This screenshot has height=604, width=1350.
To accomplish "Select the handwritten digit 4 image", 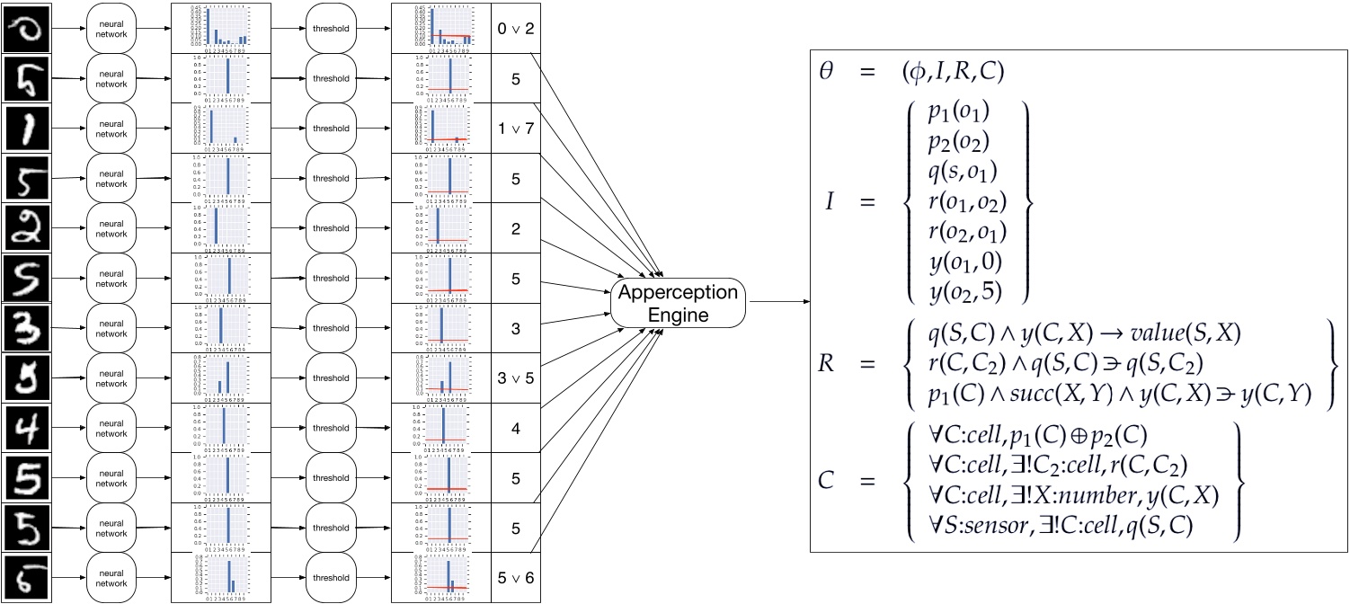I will pyautogui.click(x=26, y=428).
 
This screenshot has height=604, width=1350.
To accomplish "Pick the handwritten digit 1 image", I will pyautogui.click(x=26, y=129).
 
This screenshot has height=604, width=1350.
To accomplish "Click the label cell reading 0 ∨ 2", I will pyautogui.click(x=516, y=28).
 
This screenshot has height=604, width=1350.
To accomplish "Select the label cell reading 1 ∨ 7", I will pyautogui.click(x=516, y=129).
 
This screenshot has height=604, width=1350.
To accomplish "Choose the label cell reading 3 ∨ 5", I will pyautogui.click(x=516, y=377).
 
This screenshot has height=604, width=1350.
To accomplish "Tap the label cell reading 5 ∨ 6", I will pyautogui.click(x=516, y=577).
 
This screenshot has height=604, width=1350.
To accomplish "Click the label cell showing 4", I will pyautogui.click(x=516, y=428).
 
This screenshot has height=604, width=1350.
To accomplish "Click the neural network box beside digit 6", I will pyautogui.click(x=111, y=577).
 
